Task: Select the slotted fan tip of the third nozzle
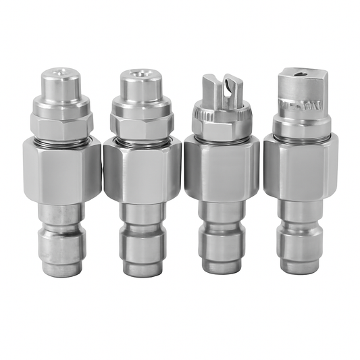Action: click(x=224, y=87)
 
